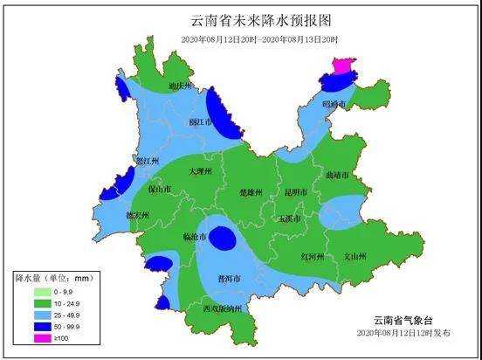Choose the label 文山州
point(354,257)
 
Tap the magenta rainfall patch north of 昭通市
point(341,66)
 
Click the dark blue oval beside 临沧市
point(224,239)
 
